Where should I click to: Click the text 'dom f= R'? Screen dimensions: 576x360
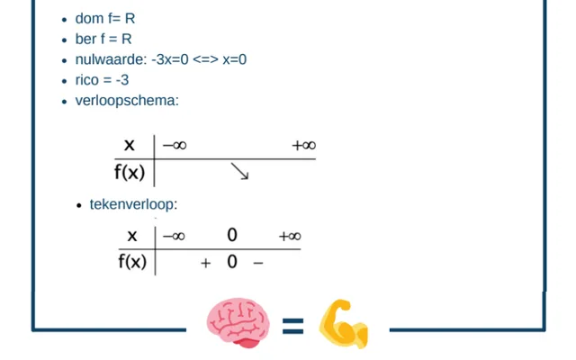105,18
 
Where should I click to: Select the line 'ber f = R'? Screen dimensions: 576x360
103,39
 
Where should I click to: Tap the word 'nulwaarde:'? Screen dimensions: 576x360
111,59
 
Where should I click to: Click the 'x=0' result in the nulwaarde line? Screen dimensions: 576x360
234,59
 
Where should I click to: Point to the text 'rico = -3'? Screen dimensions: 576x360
102,80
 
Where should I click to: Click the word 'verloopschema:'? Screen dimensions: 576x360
127,101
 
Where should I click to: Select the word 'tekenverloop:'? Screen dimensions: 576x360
133,204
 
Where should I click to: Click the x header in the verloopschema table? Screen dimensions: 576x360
130,146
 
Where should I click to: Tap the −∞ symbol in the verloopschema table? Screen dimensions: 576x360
175,146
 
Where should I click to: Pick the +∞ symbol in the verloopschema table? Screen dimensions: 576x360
304,146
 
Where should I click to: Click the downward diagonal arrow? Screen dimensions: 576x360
240,171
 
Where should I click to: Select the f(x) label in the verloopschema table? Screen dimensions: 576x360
130,172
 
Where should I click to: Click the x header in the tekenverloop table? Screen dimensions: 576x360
132,236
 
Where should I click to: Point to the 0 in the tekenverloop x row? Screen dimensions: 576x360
232,235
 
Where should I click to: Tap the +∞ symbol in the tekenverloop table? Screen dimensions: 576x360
290,236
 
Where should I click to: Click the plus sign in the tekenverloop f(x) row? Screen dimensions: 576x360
206,263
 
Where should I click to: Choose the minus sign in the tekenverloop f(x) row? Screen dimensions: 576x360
258,263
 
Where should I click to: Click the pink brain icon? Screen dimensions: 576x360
238,323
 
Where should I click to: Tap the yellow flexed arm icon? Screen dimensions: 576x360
344,324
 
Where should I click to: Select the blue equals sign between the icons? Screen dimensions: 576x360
292,326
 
